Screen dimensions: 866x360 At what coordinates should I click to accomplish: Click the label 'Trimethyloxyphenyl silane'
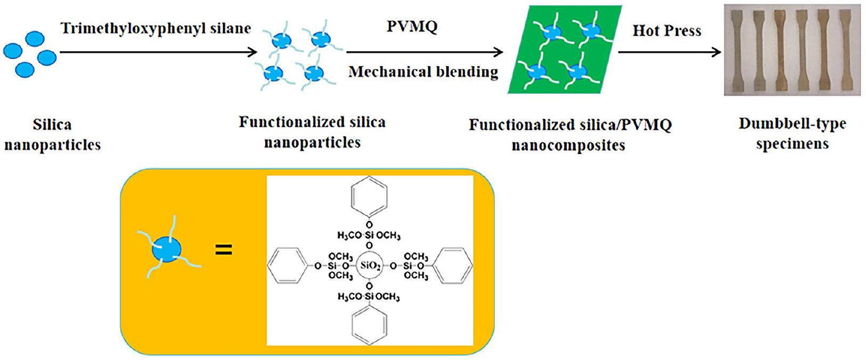coord(156,28)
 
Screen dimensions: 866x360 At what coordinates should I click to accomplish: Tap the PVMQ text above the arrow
coord(412,26)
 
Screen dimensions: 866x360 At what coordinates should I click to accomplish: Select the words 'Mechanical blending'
coord(423,72)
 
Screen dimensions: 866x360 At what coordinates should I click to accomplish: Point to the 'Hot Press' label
coord(667,30)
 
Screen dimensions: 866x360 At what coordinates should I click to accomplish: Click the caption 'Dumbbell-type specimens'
coord(793,134)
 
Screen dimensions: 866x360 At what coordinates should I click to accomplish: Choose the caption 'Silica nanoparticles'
coord(53,135)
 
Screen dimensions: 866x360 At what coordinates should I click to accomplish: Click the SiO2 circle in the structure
coord(370,265)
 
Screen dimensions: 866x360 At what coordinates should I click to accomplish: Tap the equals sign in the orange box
coord(224,249)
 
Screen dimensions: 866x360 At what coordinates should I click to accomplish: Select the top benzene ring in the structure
coord(369,196)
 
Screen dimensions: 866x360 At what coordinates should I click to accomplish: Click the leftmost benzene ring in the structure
coord(287,266)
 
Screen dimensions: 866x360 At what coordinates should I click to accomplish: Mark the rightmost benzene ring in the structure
coord(452,266)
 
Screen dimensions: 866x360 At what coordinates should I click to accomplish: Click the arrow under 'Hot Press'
coord(669,52)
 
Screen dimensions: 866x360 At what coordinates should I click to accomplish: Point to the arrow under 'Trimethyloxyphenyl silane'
coord(159,52)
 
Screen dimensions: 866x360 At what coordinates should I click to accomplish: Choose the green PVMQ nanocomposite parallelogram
coord(565,50)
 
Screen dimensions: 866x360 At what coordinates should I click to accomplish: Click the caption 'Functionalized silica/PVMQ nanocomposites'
coord(570,135)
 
